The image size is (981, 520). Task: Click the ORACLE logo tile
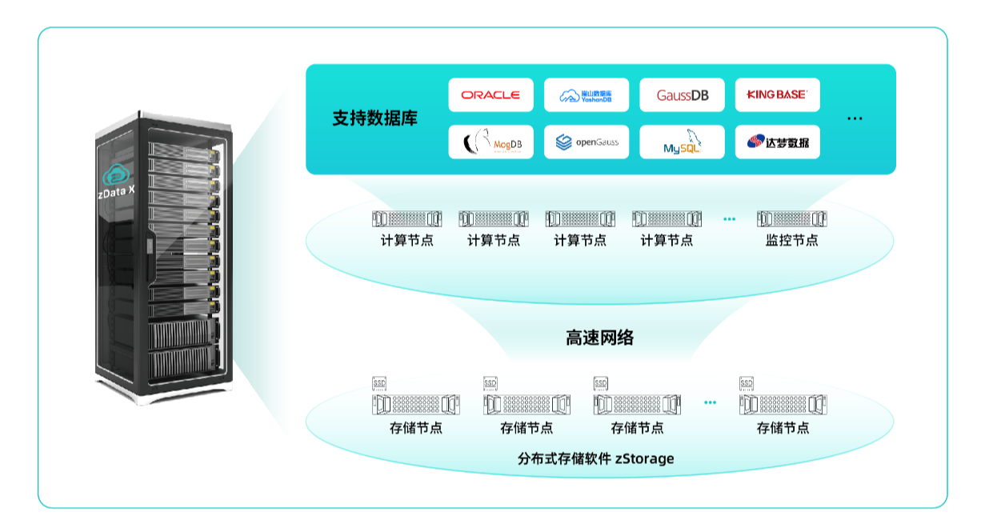coord(490,94)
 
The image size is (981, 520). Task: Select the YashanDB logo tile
coord(587,94)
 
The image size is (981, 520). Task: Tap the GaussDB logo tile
coord(682,94)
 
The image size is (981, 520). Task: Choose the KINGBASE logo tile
coord(777,94)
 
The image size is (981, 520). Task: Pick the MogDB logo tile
coord(490,142)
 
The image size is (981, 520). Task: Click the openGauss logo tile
coord(587,142)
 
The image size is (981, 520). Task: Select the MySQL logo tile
coord(682,142)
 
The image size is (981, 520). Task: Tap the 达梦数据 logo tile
coord(777,142)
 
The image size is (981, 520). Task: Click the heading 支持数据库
coord(374,118)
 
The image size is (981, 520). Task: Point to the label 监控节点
coord(791,240)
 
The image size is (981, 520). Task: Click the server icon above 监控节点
coord(791,218)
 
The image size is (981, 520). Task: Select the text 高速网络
coord(599,338)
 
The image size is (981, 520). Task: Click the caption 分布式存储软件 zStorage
coord(595,458)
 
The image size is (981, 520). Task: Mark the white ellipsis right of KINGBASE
coord(855,118)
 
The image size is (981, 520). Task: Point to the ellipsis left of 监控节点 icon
coord(729,218)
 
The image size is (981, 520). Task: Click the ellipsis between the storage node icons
coord(710,402)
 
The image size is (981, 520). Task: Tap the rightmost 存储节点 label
coord(783,428)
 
